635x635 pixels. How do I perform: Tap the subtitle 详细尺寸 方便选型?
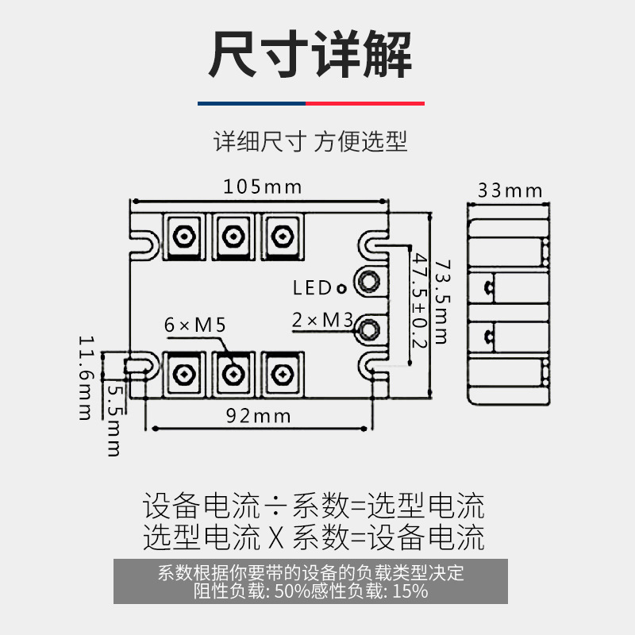(x=310, y=142)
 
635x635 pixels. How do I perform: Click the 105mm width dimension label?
(x=262, y=187)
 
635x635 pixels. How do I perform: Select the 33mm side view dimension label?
(x=510, y=190)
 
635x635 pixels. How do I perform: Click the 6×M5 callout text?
(x=195, y=325)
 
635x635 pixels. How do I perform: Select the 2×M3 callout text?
(x=321, y=320)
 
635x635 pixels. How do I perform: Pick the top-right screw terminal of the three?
(x=281, y=236)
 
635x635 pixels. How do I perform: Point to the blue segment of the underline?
(x=252, y=103)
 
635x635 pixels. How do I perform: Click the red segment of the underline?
(x=365, y=103)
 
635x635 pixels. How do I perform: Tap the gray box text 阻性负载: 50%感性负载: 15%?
(x=311, y=591)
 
